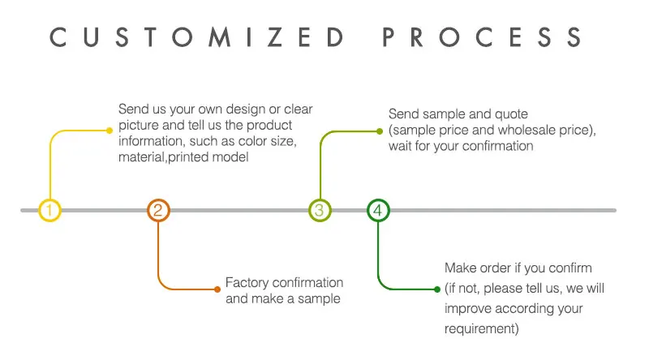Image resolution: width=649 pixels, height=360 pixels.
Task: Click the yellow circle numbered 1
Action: pos(49,211)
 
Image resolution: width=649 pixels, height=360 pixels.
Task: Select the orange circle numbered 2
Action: pos(158,211)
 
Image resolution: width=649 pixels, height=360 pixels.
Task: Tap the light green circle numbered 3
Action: pos(320,211)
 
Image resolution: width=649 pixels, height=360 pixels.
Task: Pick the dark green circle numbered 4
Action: pos(378,211)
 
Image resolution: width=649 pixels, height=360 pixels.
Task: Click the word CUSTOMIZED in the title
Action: pos(195,37)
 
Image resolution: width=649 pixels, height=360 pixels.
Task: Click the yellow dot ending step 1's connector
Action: pos(109,130)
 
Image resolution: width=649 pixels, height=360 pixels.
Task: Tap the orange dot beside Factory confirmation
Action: pos(217,289)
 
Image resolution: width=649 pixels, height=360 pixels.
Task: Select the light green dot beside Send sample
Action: pos(378,130)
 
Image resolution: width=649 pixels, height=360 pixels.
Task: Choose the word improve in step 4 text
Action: pos(466,309)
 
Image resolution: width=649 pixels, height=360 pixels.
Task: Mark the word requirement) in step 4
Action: pos(482,328)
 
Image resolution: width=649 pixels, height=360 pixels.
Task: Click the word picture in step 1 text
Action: pos(139,125)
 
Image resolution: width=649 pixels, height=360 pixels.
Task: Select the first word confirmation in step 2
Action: pos(309,283)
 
